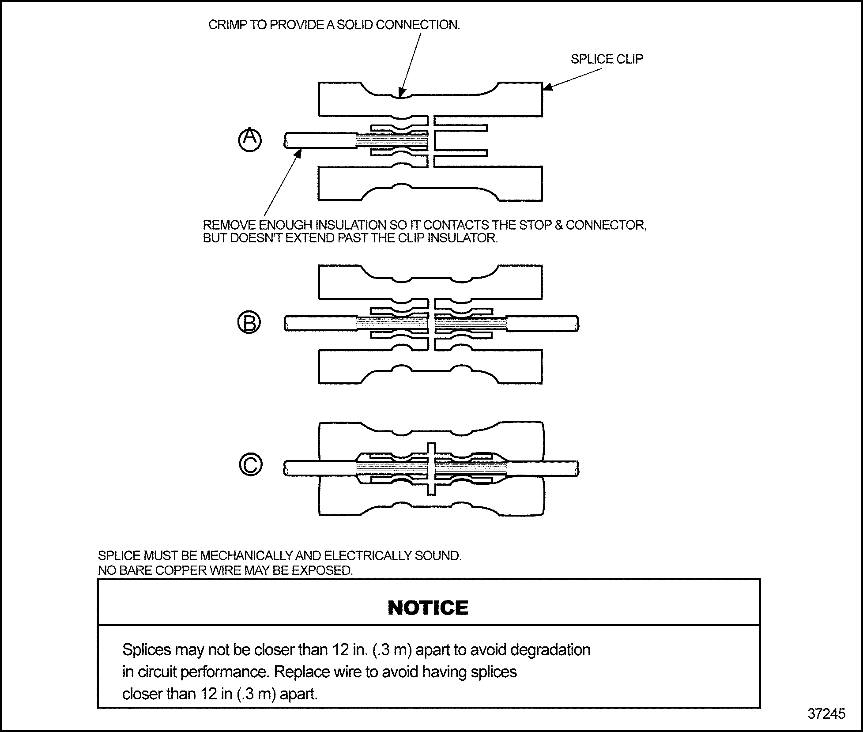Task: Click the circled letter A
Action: [x=250, y=140]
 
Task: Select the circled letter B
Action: [x=249, y=322]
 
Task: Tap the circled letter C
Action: [x=250, y=464]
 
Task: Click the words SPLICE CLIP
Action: [x=607, y=59]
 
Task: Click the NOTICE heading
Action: [x=428, y=608]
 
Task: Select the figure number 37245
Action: [x=826, y=714]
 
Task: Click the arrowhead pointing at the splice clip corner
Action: [x=547, y=87]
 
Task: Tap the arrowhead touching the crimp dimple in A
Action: [x=401, y=92]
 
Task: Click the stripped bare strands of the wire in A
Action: [x=391, y=141]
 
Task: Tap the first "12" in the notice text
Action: [x=341, y=650]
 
